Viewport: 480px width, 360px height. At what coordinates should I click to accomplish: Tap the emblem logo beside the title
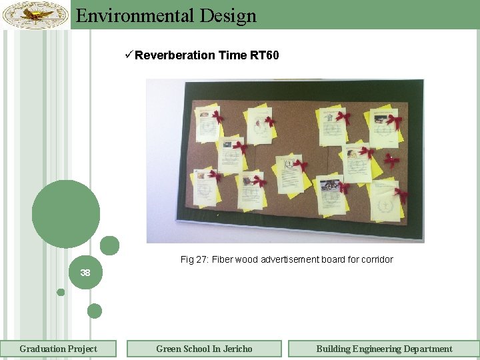35,14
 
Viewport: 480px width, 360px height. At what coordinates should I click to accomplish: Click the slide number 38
85,273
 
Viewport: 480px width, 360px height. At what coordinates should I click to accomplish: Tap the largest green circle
66,214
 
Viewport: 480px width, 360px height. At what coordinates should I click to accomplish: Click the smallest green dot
61,292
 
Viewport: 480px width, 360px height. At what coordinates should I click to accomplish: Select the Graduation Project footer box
58,349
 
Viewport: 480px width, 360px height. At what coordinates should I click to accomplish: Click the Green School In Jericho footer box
204,349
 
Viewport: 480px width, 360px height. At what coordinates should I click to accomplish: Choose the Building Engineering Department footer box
384,349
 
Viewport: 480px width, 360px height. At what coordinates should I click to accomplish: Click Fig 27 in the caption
193,259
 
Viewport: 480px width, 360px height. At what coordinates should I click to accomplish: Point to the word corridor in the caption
375,259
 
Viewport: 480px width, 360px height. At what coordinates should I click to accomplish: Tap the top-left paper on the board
208,123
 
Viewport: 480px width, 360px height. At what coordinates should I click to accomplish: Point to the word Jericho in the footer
237,349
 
